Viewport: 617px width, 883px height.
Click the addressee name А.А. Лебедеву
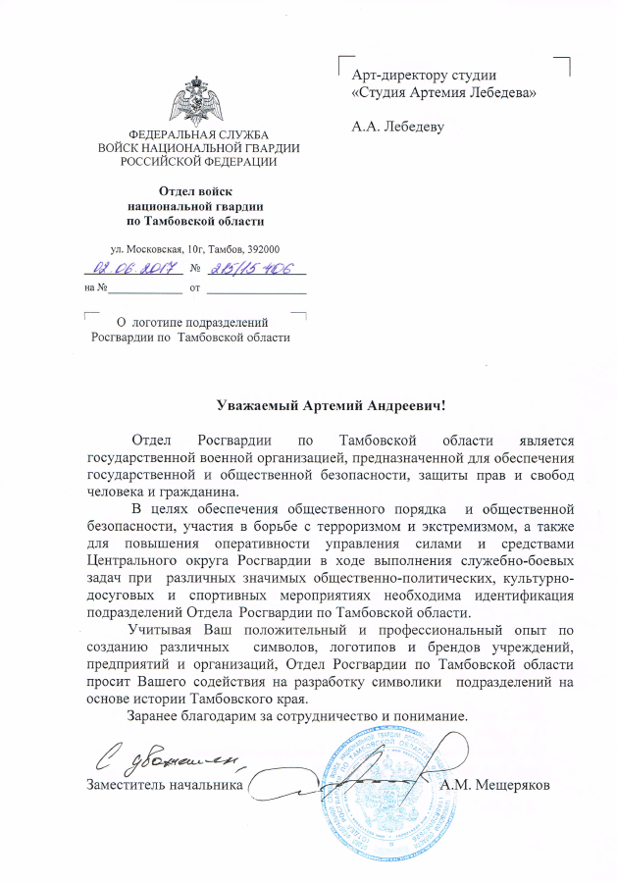[x=396, y=127]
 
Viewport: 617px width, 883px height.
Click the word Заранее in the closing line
[x=155, y=715]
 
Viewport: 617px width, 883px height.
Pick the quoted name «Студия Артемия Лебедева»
[x=443, y=92]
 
